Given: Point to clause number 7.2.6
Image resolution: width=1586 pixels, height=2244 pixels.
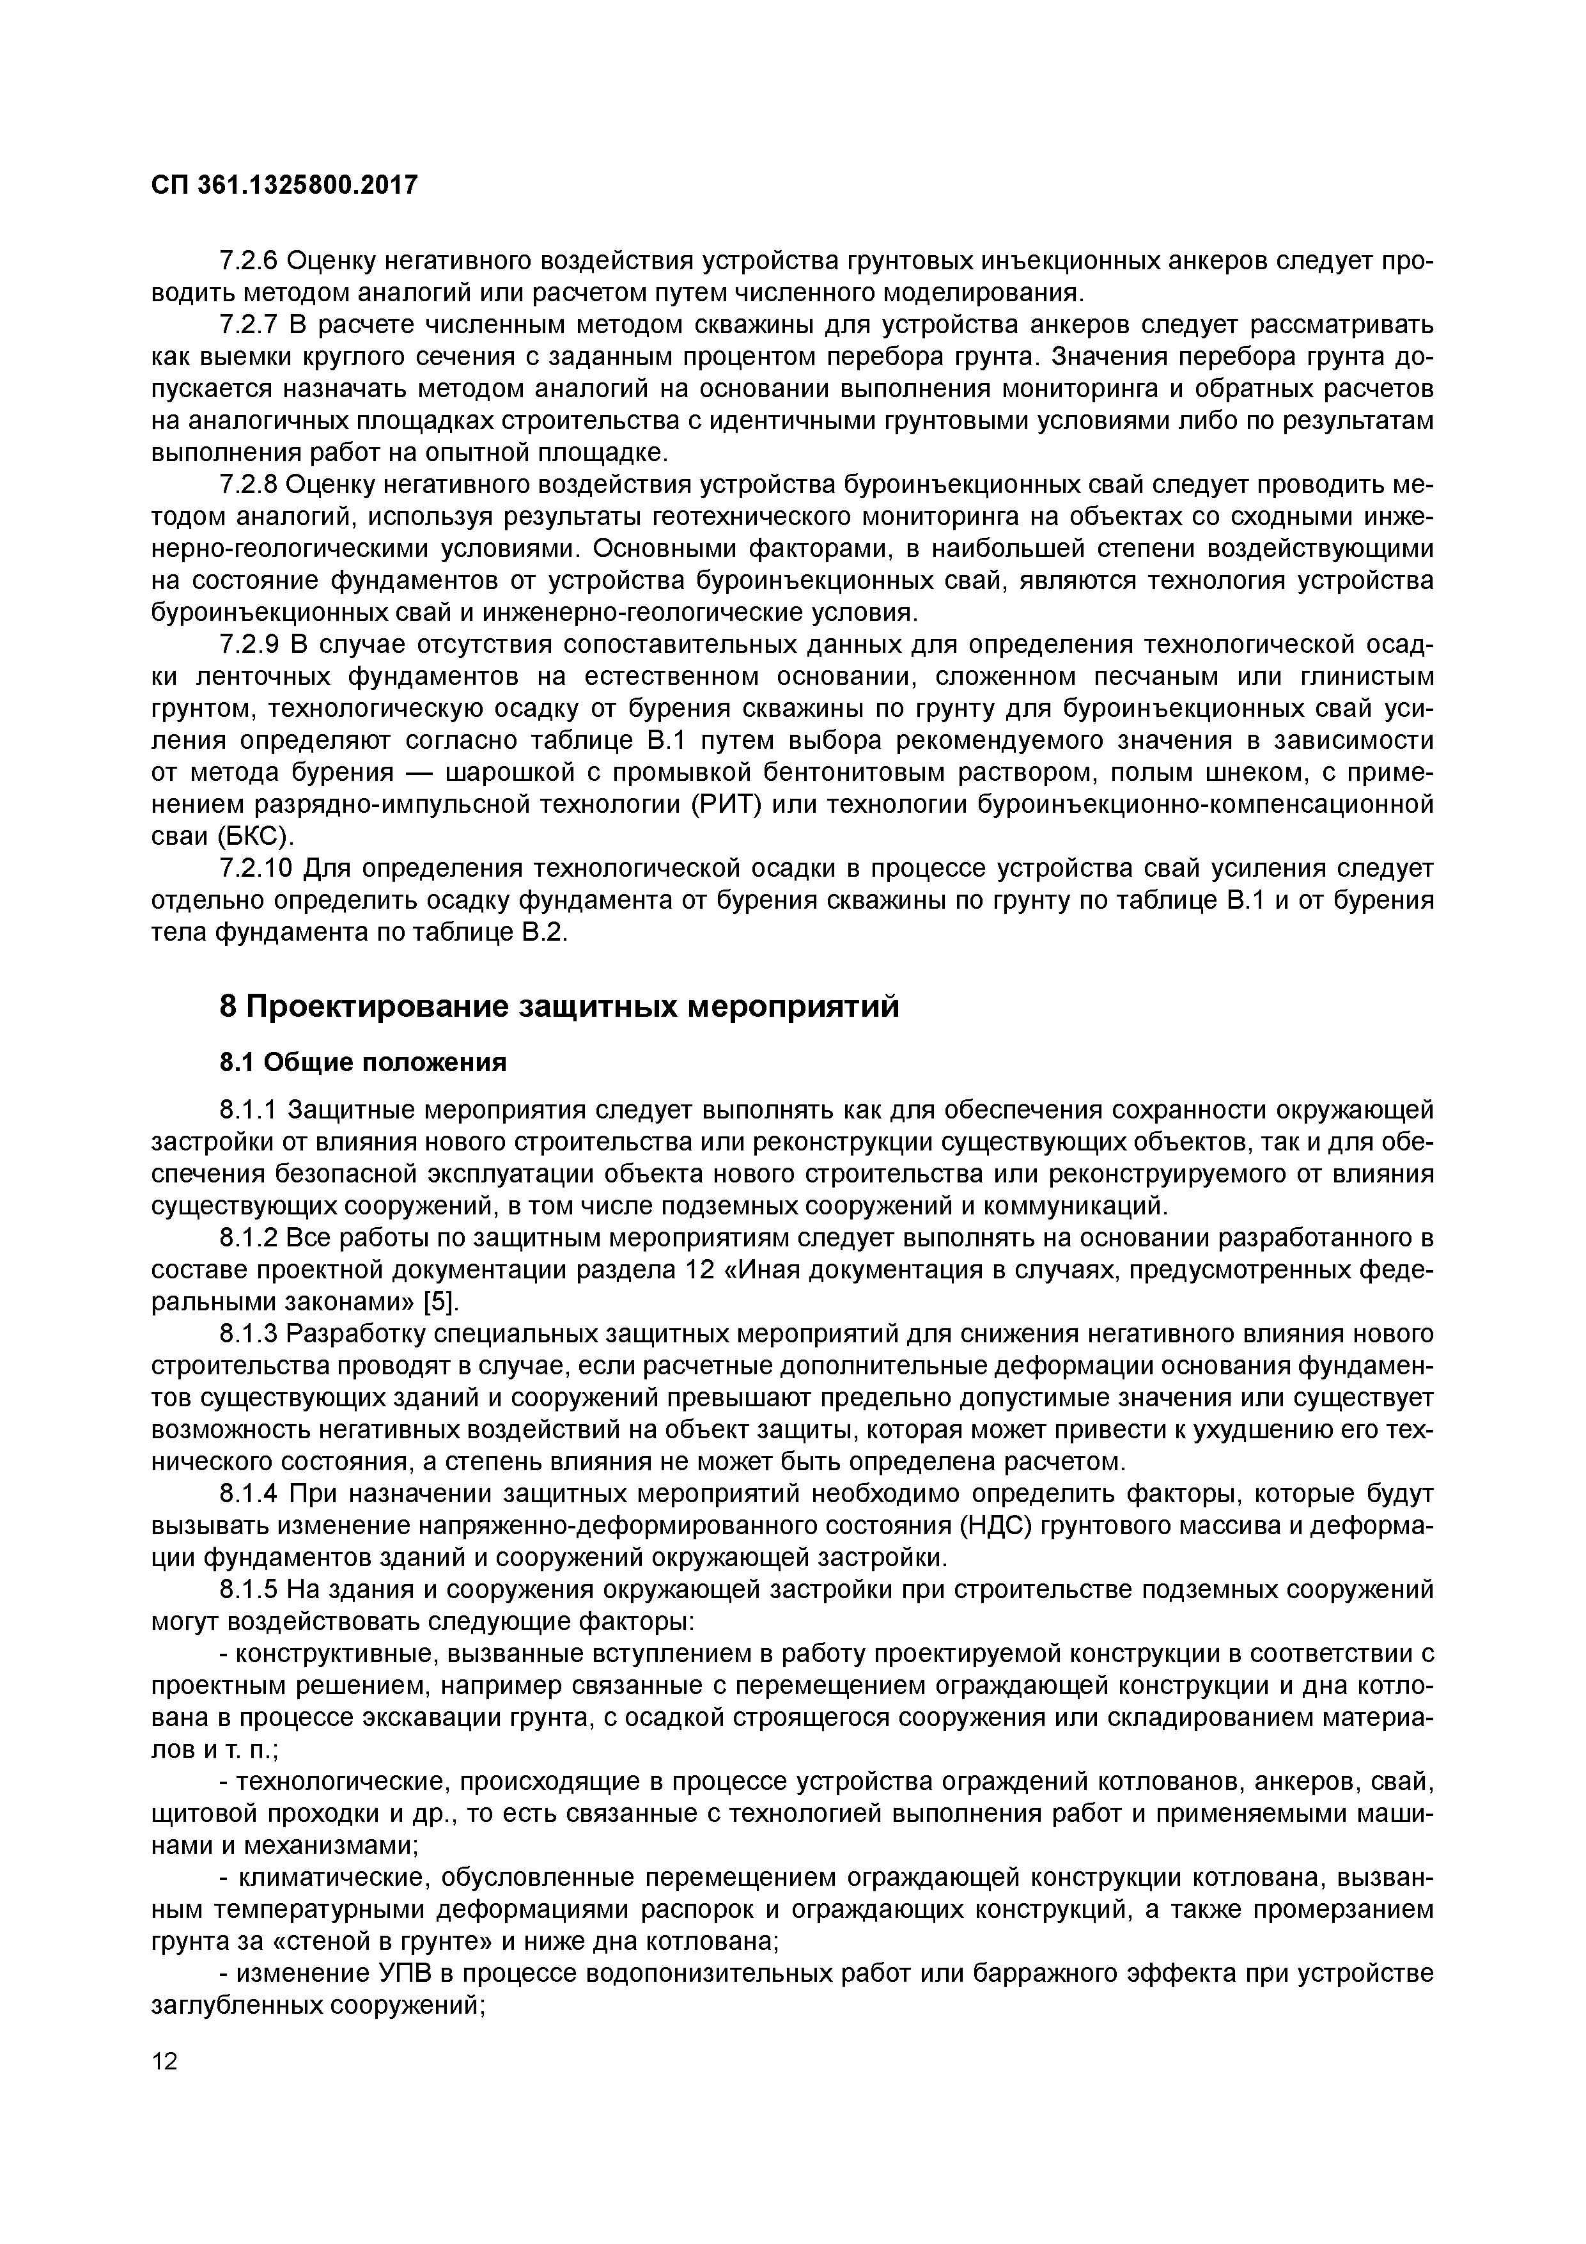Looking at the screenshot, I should click(x=250, y=262).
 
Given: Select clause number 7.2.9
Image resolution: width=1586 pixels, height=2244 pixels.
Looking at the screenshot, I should click(x=250, y=646).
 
